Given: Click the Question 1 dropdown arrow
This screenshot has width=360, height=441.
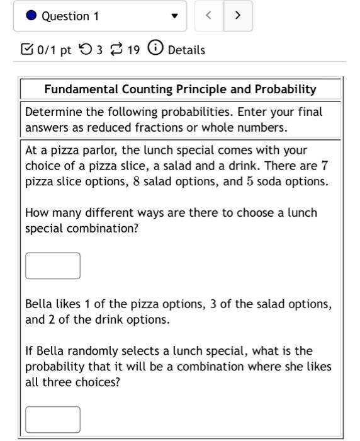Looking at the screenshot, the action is click(x=175, y=16).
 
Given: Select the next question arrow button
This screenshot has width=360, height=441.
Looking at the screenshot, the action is click(x=237, y=16).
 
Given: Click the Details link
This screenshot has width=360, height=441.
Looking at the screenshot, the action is click(x=186, y=50).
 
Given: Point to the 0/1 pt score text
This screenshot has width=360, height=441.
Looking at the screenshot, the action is click(x=50, y=50).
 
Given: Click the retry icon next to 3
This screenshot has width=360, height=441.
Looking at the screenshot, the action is click(x=86, y=49).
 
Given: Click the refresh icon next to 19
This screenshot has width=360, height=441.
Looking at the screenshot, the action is click(x=115, y=49).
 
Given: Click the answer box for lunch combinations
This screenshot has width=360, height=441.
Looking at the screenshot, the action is click(x=53, y=265).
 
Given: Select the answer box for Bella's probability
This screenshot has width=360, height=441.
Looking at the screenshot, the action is click(x=53, y=420).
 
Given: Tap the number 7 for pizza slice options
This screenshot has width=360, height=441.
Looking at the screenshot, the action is click(x=324, y=166).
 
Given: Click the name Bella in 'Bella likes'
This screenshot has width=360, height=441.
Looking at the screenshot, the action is click(x=39, y=304).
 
